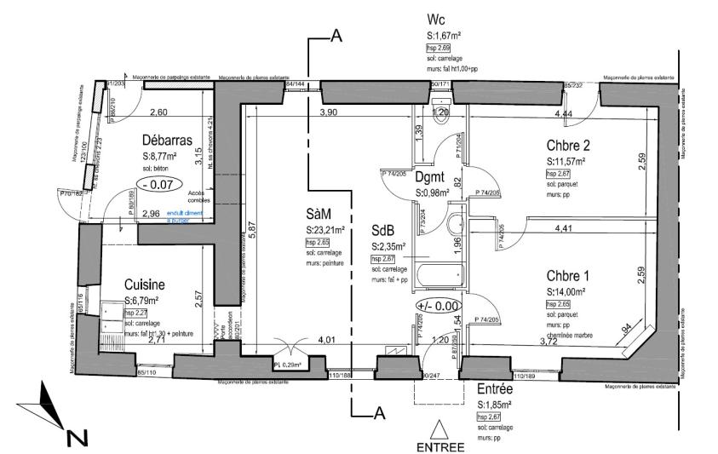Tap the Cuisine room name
pos(144,285)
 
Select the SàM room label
pos(321,214)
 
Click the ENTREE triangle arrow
pos(439,428)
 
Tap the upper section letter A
pos(336,36)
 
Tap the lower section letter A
pos(382,414)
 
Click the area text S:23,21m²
pos(325,230)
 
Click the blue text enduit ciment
pos(187,214)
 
